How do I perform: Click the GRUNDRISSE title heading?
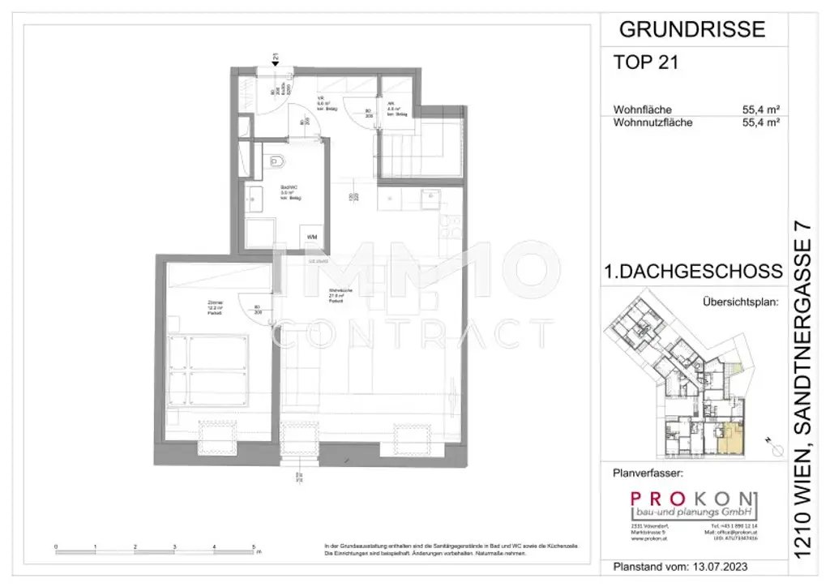[x=691, y=30]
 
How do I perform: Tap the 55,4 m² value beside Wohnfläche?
[x=759, y=109]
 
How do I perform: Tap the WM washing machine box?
[x=312, y=237]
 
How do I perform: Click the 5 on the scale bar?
[x=254, y=546]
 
